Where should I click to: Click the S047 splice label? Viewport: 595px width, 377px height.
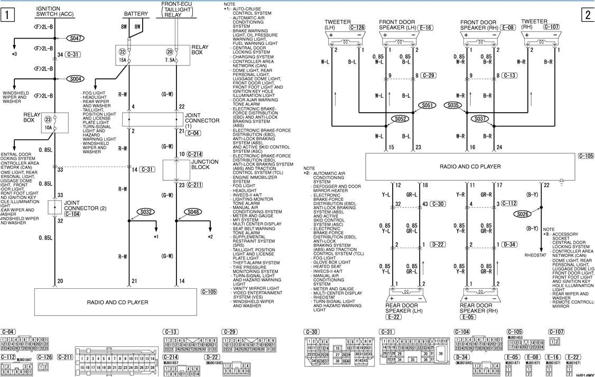click(x=76, y=39)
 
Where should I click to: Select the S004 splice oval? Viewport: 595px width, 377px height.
click(x=76, y=79)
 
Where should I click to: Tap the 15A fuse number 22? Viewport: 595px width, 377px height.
click(x=122, y=51)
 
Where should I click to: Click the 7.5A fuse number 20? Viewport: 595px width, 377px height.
click(x=170, y=51)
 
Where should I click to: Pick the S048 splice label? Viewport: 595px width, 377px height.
click(x=193, y=212)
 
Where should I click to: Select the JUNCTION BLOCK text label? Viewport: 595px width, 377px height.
click(x=205, y=165)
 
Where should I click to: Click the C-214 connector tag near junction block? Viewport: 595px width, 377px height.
click(x=195, y=154)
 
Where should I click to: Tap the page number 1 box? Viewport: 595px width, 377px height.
click(x=7, y=15)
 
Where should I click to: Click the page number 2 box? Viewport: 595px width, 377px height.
click(x=588, y=15)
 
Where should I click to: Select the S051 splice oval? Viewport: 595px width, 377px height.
click(x=427, y=105)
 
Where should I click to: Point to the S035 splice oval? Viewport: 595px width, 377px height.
click(x=453, y=105)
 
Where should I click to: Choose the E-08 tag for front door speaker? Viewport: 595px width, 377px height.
click(x=508, y=27)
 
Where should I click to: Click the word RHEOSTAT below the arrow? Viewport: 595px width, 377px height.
click(x=535, y=255)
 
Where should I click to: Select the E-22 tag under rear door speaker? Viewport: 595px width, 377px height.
click(x=394, y=317)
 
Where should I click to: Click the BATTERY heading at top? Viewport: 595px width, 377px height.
click(x=136, y=14)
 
